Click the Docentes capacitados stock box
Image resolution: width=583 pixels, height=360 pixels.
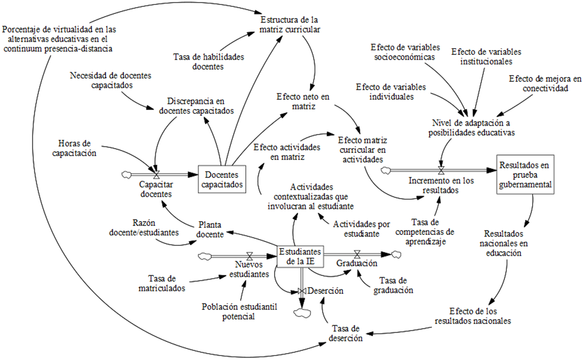[222, 179]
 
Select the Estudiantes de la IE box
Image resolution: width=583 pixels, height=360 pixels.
[300, 257]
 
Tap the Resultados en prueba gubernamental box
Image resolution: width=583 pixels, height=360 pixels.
[525, 174]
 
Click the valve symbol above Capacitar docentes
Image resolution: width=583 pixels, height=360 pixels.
[157, 175]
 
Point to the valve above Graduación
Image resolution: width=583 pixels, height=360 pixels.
[357, 254]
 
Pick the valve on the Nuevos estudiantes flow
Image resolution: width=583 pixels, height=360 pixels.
[249, 256]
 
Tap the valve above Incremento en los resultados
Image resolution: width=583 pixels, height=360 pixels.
[441, 170]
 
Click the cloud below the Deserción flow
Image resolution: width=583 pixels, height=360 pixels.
[302, 313]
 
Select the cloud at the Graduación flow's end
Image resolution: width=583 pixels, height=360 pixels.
[396, 254]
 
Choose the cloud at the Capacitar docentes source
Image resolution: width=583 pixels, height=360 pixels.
[127, 175]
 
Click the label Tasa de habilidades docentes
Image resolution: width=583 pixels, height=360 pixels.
[209, 61]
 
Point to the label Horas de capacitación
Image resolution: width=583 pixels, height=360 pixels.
[74, 148]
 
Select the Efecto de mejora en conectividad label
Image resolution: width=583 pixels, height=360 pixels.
[545, 84]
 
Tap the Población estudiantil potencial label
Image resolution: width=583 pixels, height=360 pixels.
[239, 312]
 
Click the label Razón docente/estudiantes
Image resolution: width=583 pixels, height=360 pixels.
[144, 227]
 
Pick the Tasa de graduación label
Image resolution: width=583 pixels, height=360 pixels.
[393, 285]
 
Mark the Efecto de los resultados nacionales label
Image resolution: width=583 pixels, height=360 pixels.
[473, 316]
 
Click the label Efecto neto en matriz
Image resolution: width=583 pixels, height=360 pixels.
[303, 102]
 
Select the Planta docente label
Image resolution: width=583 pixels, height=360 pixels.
[210, 230]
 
